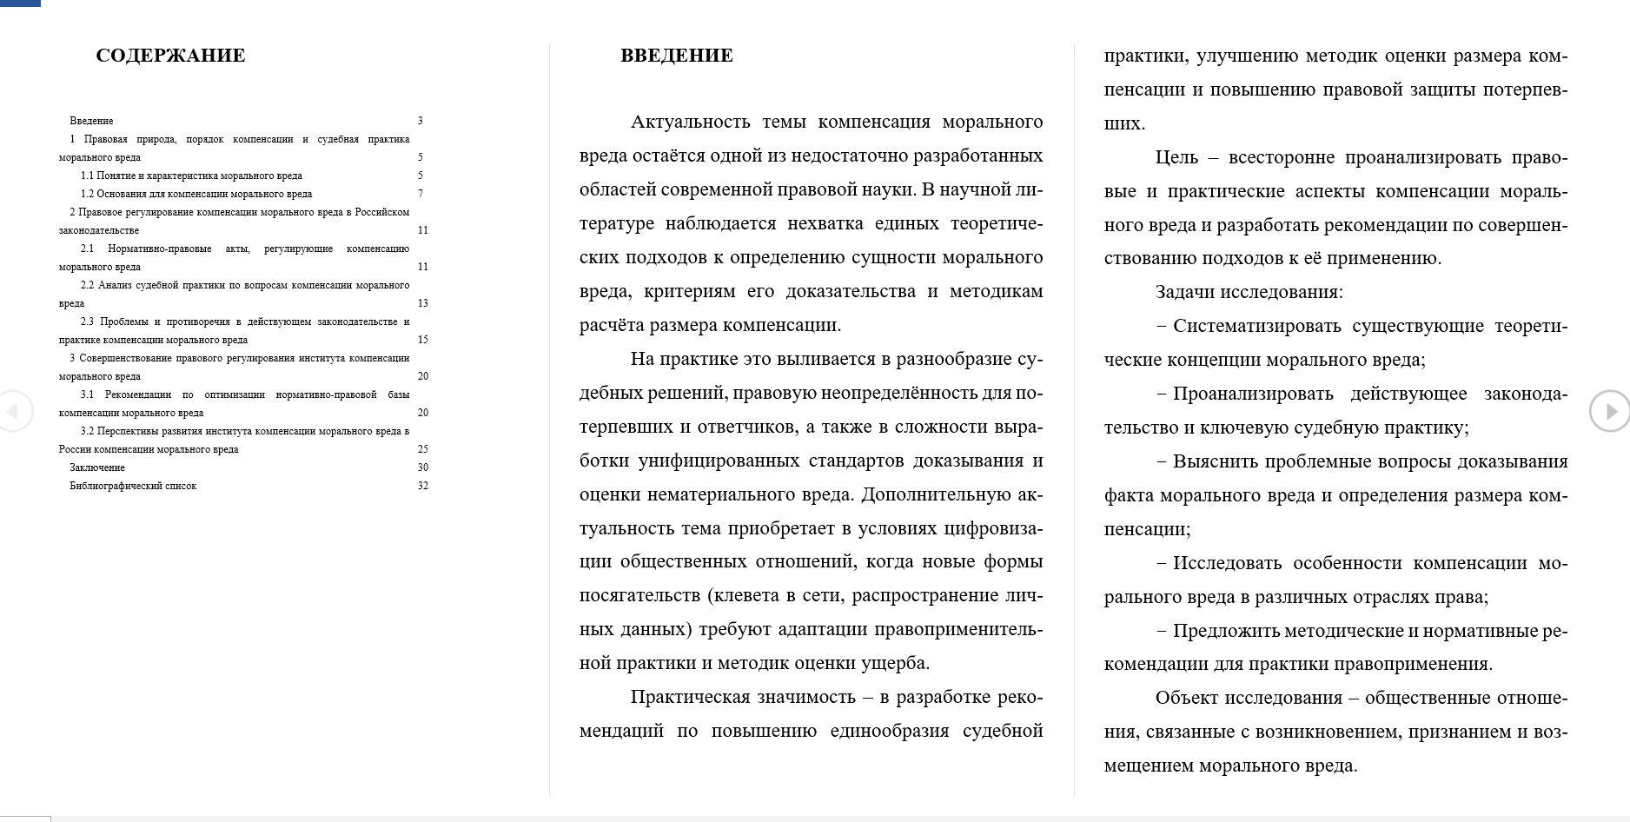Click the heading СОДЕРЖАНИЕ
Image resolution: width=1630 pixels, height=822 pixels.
(x=170, y=56)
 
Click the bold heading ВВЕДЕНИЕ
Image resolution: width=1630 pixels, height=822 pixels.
(x=676, y=56)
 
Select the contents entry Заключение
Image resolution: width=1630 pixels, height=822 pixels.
(x=97, y=467)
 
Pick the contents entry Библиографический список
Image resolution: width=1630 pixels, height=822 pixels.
(x=133, y=486)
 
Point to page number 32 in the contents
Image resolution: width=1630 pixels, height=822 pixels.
(x=422, y=486)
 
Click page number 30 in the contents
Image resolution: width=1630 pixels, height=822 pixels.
(x=422, y=467)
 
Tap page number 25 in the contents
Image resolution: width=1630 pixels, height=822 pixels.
(x=422, y=449)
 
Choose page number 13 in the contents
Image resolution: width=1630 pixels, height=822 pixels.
(x=422, y=303)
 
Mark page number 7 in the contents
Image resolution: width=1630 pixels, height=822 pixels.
(x=421, y=194)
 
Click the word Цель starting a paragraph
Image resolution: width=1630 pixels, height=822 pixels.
(x=1176, y=157)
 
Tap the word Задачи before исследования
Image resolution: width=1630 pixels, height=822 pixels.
(x=1184, y=292)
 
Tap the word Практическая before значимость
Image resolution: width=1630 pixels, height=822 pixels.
(x=690, y=698)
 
